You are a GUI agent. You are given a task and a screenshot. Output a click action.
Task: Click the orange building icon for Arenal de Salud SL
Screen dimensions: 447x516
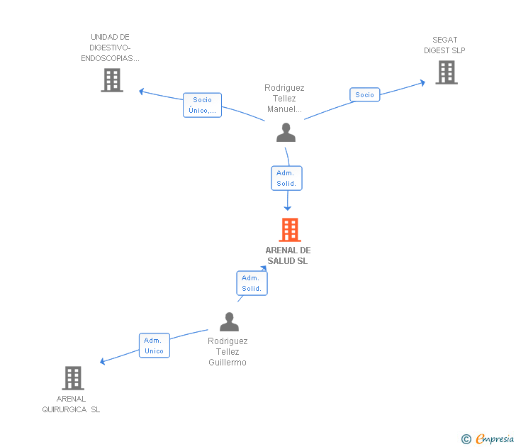[289, 230]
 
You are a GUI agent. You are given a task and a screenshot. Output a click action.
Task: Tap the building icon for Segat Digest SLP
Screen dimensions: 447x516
[446, 72]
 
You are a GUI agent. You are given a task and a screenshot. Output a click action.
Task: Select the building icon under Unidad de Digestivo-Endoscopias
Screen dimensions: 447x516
[112, 80]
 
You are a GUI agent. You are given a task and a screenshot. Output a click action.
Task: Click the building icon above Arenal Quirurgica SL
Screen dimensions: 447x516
[72, 378]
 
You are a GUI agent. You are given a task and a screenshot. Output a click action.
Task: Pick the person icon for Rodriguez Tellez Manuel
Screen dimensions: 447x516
[286, 133]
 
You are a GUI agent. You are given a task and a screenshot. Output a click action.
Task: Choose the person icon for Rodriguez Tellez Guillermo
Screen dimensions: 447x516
[229, 322]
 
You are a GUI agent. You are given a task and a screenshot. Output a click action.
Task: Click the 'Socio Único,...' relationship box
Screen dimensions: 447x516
[202, 105]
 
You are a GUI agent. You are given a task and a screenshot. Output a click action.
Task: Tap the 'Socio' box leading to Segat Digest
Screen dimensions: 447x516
[364, 94]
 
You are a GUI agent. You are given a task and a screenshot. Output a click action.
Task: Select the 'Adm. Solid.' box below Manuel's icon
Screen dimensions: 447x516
[286, 178]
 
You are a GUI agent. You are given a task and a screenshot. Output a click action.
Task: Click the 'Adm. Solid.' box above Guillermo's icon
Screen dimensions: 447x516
[252, 283]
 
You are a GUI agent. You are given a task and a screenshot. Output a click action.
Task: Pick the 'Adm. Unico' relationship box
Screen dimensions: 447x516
[154, 346]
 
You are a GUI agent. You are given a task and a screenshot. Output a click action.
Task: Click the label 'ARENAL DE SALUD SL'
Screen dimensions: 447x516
[288, 255]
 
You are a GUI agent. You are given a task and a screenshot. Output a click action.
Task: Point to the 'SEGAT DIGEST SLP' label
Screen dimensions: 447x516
[444, 45]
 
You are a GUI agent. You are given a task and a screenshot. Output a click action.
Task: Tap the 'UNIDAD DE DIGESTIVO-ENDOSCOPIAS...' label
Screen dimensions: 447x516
[110, 48]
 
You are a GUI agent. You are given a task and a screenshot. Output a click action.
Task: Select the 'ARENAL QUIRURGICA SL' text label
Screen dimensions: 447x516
[71, 404]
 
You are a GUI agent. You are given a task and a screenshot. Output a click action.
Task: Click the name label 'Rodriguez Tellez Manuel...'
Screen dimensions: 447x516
[284, 99]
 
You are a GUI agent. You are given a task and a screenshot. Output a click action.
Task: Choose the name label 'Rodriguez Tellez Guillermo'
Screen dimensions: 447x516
[228, 352]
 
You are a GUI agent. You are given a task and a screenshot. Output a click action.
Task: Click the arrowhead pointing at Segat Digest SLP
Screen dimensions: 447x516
[422, 82]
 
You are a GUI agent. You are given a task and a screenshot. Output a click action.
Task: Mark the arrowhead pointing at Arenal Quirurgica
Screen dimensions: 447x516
[103, 362]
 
